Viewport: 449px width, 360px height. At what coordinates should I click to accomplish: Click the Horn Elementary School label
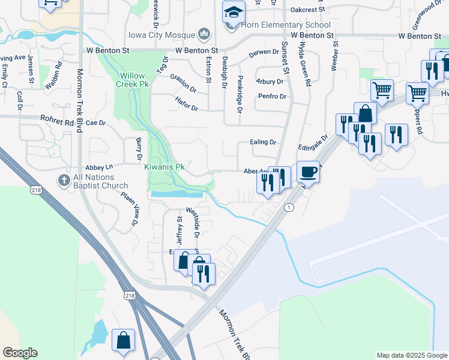coord(286,25)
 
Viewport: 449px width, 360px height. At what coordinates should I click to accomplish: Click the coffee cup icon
coord(308,172)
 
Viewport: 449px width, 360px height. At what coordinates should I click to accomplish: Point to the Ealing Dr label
coord(263,143)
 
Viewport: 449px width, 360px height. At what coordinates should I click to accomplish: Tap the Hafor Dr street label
coord(186,103)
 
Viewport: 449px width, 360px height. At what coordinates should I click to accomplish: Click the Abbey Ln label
coord(100,168)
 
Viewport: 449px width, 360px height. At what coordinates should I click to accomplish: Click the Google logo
coord(20,353)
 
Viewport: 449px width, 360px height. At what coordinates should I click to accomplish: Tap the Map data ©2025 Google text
coord(412,356)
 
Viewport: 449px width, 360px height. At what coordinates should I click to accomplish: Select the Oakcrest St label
coord(307,10)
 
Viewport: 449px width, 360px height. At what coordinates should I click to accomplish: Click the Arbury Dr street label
coord(269,81)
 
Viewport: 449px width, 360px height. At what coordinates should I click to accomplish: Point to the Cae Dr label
coord(96,123)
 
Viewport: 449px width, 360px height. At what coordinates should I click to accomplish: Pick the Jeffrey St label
coord(179,227)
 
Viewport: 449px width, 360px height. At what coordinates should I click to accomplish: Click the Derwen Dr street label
coord(265,53)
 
